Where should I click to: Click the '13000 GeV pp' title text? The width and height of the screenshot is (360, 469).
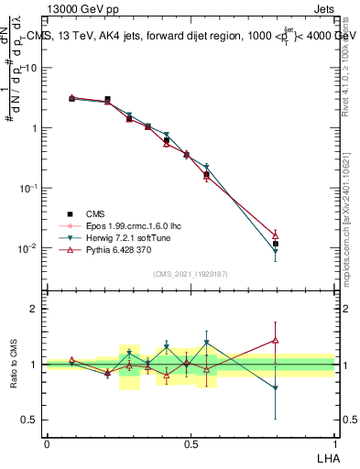click(84, 8)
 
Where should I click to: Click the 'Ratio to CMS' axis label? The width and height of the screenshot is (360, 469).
click(14, 364)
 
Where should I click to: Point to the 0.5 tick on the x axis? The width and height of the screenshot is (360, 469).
click(191, 443)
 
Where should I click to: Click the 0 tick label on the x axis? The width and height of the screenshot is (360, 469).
click(47, 443)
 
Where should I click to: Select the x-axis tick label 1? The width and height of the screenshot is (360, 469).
click(334, 443)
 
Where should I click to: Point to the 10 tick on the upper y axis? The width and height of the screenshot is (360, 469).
click(31, 68)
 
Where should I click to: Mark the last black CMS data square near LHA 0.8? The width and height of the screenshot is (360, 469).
click(276, 244)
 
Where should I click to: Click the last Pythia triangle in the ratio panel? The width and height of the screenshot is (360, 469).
click(276, 341)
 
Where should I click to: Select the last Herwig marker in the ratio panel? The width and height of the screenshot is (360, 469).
click(276, 388)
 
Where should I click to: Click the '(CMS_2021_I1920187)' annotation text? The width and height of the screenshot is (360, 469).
click(191, 274)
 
